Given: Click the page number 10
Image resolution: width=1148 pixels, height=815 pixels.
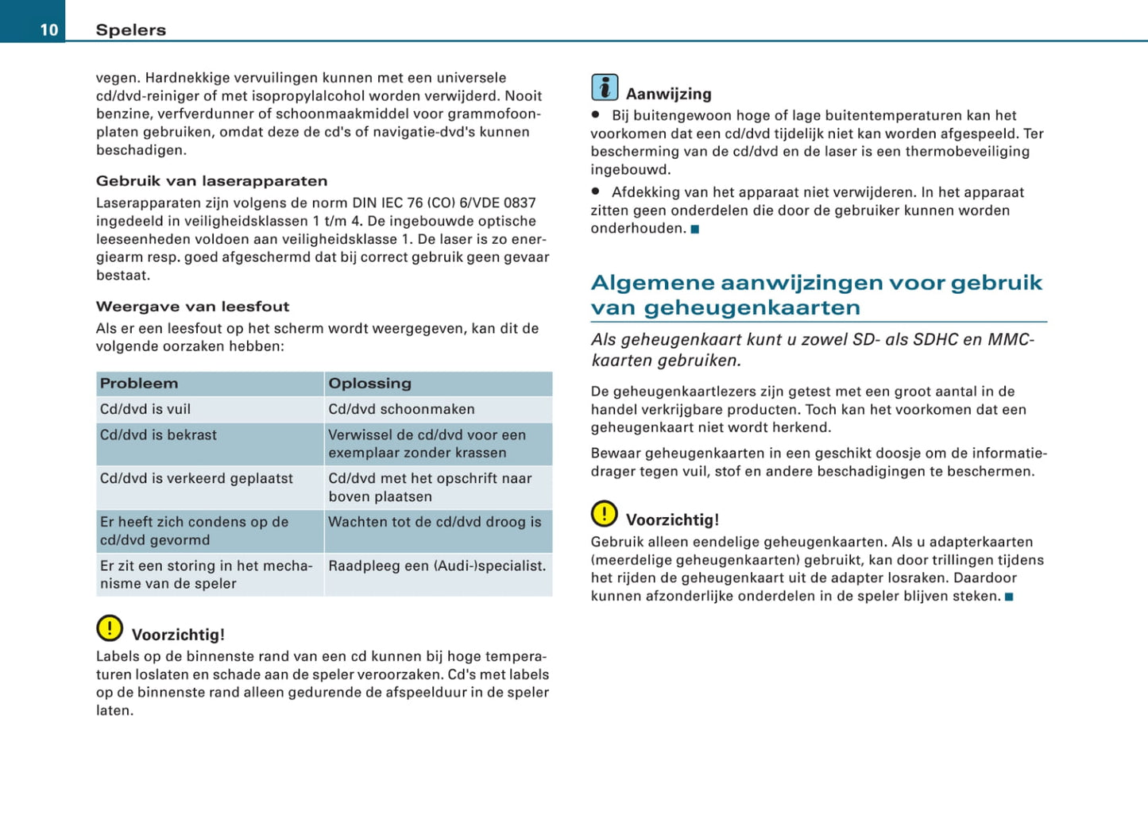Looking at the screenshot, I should [x=49, y=30].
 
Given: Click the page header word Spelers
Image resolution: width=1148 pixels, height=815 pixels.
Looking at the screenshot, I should [x=131, y=30].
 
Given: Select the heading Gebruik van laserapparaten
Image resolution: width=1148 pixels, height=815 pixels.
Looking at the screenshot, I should [x=211, y=181].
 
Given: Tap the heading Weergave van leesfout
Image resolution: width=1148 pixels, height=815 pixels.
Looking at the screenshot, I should [x=192, y=307].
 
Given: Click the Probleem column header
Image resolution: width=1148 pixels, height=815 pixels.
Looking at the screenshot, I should [x=139, y=384].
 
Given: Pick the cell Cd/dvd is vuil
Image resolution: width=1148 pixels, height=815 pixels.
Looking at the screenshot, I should [x=145, y=409].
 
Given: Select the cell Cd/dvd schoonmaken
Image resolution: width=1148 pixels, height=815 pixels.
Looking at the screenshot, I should [x=401, y=409].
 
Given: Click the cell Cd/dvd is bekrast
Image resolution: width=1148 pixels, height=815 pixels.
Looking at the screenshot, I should [x=158, y=435].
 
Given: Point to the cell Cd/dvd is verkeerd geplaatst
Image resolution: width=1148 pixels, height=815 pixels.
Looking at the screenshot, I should [x=196, y=478].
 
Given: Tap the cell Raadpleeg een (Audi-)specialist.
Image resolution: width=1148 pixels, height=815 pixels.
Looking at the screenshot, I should [x=437, y=566].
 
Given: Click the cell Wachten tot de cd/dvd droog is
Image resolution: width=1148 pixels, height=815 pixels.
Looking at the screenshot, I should [x=435, y=522].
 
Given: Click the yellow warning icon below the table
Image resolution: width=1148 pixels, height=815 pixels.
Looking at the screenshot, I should [x=110, y=628].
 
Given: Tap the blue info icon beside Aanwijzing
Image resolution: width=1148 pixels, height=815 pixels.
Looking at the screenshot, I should [x=605, y=87].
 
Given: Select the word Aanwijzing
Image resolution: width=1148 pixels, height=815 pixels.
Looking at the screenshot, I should [x=668, y=94].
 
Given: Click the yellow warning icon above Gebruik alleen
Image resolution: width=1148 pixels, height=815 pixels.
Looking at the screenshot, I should [x=604, y=514].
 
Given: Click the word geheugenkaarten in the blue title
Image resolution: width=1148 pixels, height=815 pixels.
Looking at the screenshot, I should [x=752, y=308].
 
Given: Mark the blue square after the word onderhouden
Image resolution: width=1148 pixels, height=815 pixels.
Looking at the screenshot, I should [x=695, y=230].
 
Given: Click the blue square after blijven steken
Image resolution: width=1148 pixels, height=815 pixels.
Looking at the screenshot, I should [x=1009, y=597].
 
